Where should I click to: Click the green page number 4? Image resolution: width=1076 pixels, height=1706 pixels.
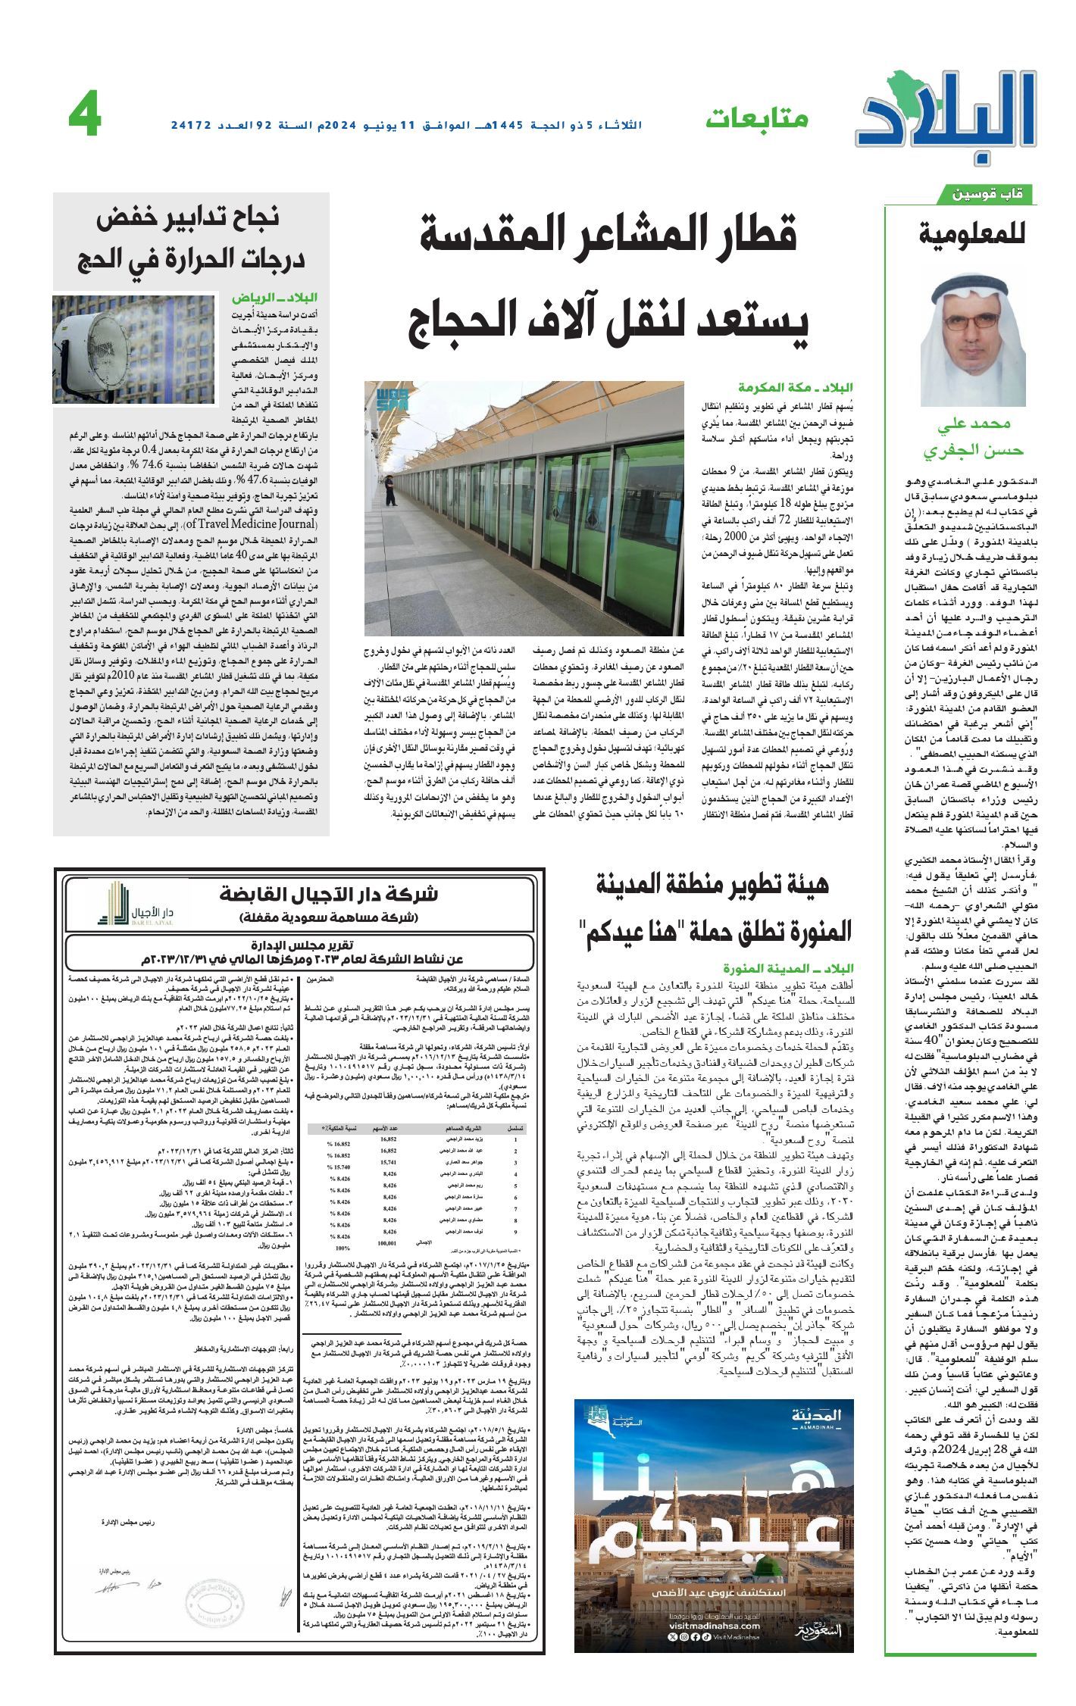[x=85, y=117]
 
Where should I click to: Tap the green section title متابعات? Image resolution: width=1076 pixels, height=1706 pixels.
[x=757, y=118]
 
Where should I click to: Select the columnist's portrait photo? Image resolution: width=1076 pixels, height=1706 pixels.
[x=973, y=339]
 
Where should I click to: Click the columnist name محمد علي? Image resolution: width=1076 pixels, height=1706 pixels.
[x=973, y=425]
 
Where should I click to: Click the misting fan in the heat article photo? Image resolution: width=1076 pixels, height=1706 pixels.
[x=96, y=348]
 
